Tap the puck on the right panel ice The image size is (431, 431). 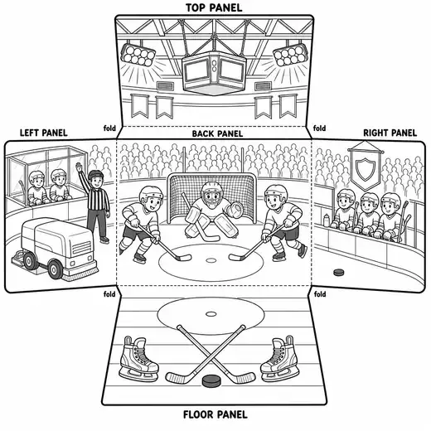(x=339, y=272)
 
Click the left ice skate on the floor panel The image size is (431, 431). (x=138, y=358)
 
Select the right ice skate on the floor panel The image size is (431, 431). (x=279, y=358)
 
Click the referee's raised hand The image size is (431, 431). (x=80, y=167)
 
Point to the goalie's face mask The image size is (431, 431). (x=211, y=193)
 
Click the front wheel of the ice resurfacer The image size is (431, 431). (x=55, y=269)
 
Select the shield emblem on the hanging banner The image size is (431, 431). (x=365, y=170)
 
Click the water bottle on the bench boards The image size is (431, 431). (x=327, y=220)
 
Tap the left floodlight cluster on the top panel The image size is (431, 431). (x=138, y=55)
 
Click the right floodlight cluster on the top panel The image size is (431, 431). (x=290, y=55)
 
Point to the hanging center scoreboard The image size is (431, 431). (x=214, y=72)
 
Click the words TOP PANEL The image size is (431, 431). (x=214, y=7)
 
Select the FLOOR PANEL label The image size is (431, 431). (x=215, y=414)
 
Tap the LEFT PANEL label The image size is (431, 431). (x=44, y=133)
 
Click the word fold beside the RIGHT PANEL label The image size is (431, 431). (x=319, y=128)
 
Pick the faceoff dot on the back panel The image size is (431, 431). (x=211, y=260)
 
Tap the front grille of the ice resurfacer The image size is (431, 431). (x=81, y=248)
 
